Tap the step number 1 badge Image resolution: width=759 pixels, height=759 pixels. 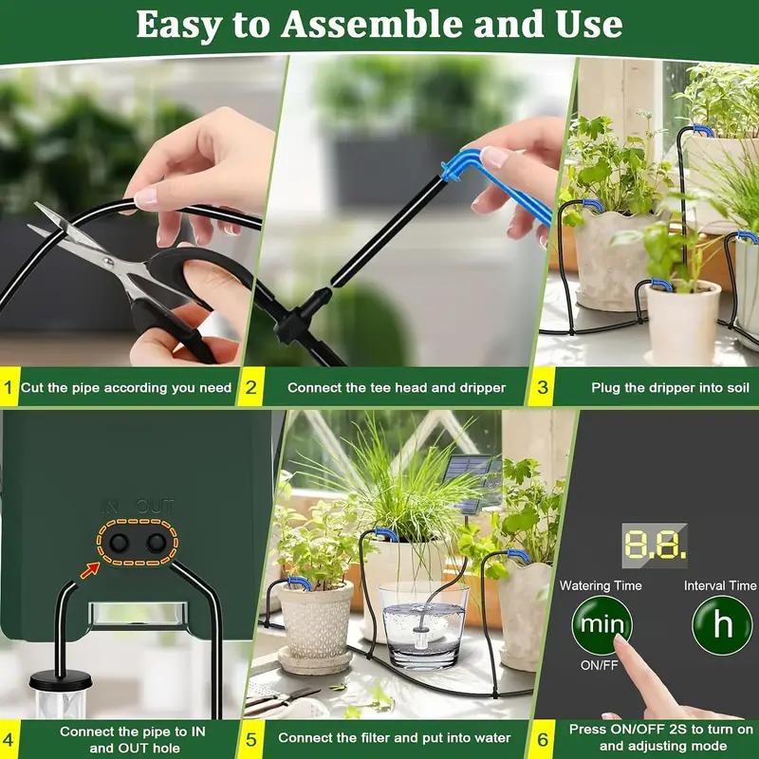pos(9,387)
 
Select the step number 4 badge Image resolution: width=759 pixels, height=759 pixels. pos(9,738)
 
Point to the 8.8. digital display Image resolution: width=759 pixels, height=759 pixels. pos(655,543)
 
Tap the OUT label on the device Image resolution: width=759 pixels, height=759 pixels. pos(156,507)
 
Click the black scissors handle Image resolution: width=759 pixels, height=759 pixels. pos(190,304)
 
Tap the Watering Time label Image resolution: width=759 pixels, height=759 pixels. pos(601,586)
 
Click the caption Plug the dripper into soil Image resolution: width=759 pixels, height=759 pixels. pos(670,387)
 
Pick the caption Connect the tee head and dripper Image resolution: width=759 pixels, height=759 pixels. pos(397,387)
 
